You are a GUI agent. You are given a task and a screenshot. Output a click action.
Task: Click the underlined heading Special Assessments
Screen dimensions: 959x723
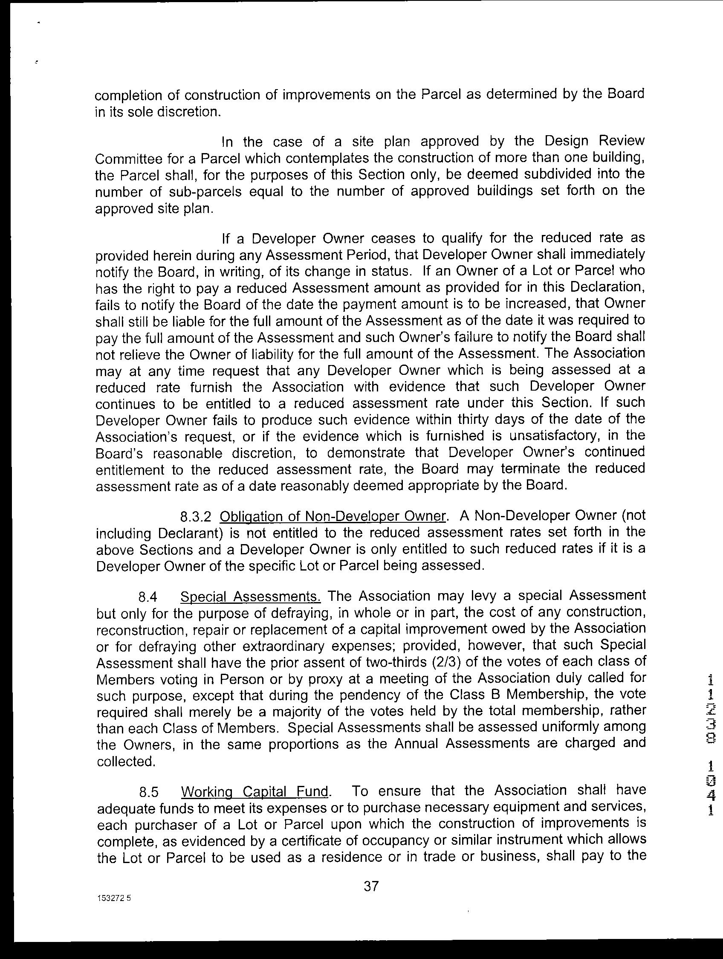[x=250, y=597]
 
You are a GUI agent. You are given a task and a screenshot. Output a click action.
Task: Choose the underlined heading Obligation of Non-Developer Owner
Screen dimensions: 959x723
[x=333, y=516]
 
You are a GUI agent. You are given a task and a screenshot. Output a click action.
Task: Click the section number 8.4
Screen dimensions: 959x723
[x=147, y=597]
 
